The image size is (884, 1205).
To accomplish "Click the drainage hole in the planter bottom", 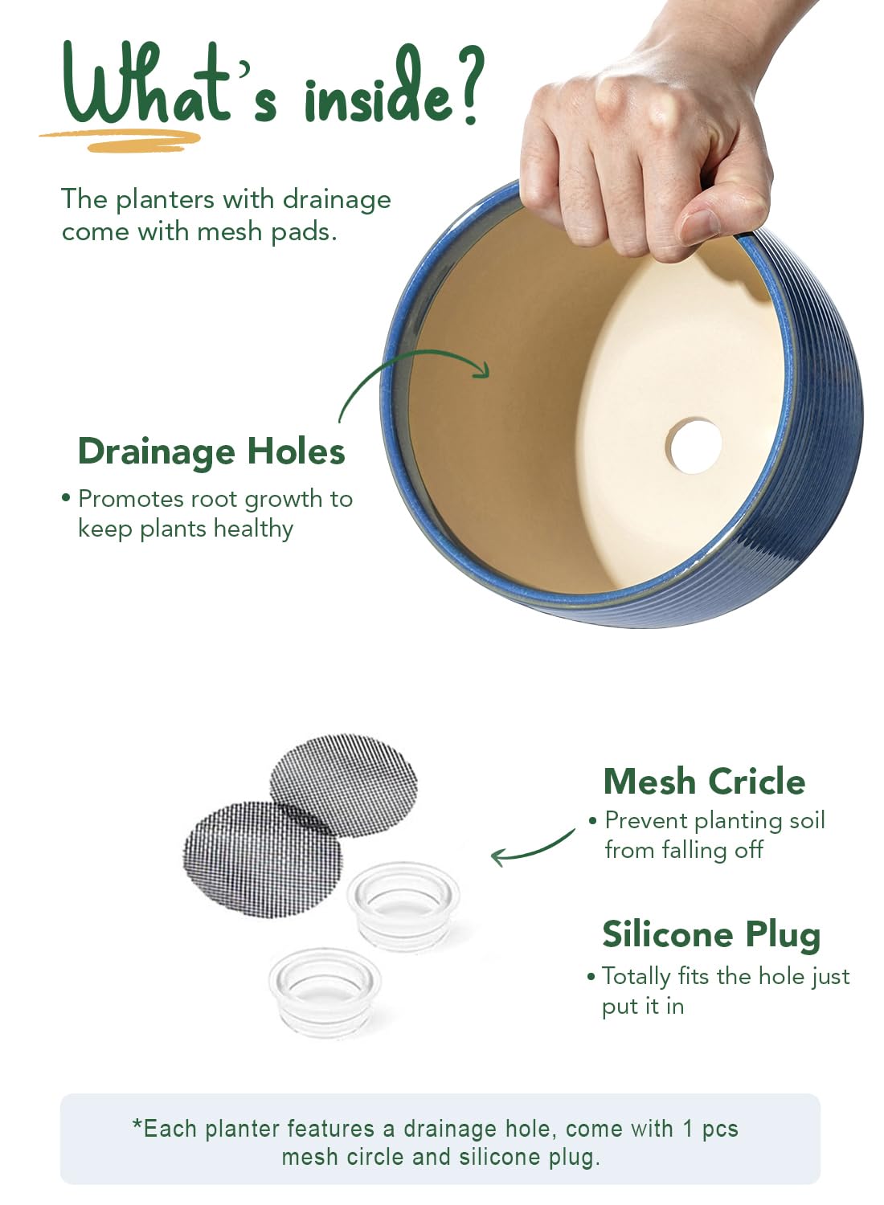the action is pyautogui.click(x=694, y=447).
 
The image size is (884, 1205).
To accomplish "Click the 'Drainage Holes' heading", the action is pyautogui.click(x=211, y=451).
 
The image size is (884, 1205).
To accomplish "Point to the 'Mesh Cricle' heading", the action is pyautogui.click(x=704, y=781).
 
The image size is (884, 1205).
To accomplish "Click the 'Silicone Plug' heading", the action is pyautogui.click(x=711, y=935).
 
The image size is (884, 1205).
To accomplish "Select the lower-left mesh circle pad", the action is pyautogui.click(x=263, y=860).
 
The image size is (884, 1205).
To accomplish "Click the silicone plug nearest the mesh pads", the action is pyautogui.click(x=403, y=907).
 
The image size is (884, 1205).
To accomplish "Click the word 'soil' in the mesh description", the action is pyautogui.click(x=807, y=820).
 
